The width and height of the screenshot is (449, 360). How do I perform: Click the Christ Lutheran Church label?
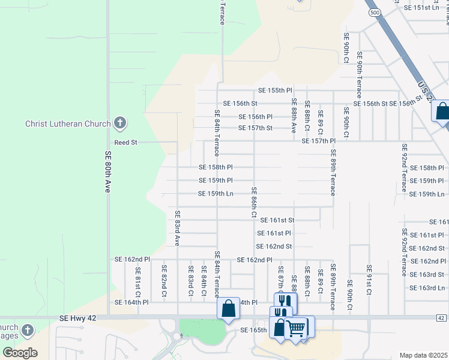tap(68, 124)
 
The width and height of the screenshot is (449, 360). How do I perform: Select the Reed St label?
tap(126, 143)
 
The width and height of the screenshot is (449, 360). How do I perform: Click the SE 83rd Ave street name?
tap(178, 228)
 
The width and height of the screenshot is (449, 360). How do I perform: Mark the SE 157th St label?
tap(255, 128)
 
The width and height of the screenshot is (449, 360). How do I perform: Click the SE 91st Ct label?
tap(369, 280)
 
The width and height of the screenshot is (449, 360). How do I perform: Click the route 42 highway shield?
tap(441, 317)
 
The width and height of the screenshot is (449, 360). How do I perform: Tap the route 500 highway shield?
tap(375, 12)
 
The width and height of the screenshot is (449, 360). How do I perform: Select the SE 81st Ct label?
tap(138, 282)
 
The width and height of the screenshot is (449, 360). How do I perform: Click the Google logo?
tap(20, 352)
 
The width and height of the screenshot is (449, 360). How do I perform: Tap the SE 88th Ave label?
tap(294, 115)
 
